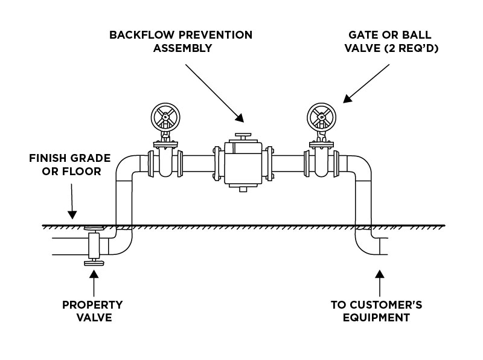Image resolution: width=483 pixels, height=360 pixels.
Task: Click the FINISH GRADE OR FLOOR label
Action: pos(70,165)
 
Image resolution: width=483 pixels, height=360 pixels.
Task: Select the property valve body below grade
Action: pos(94,245)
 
